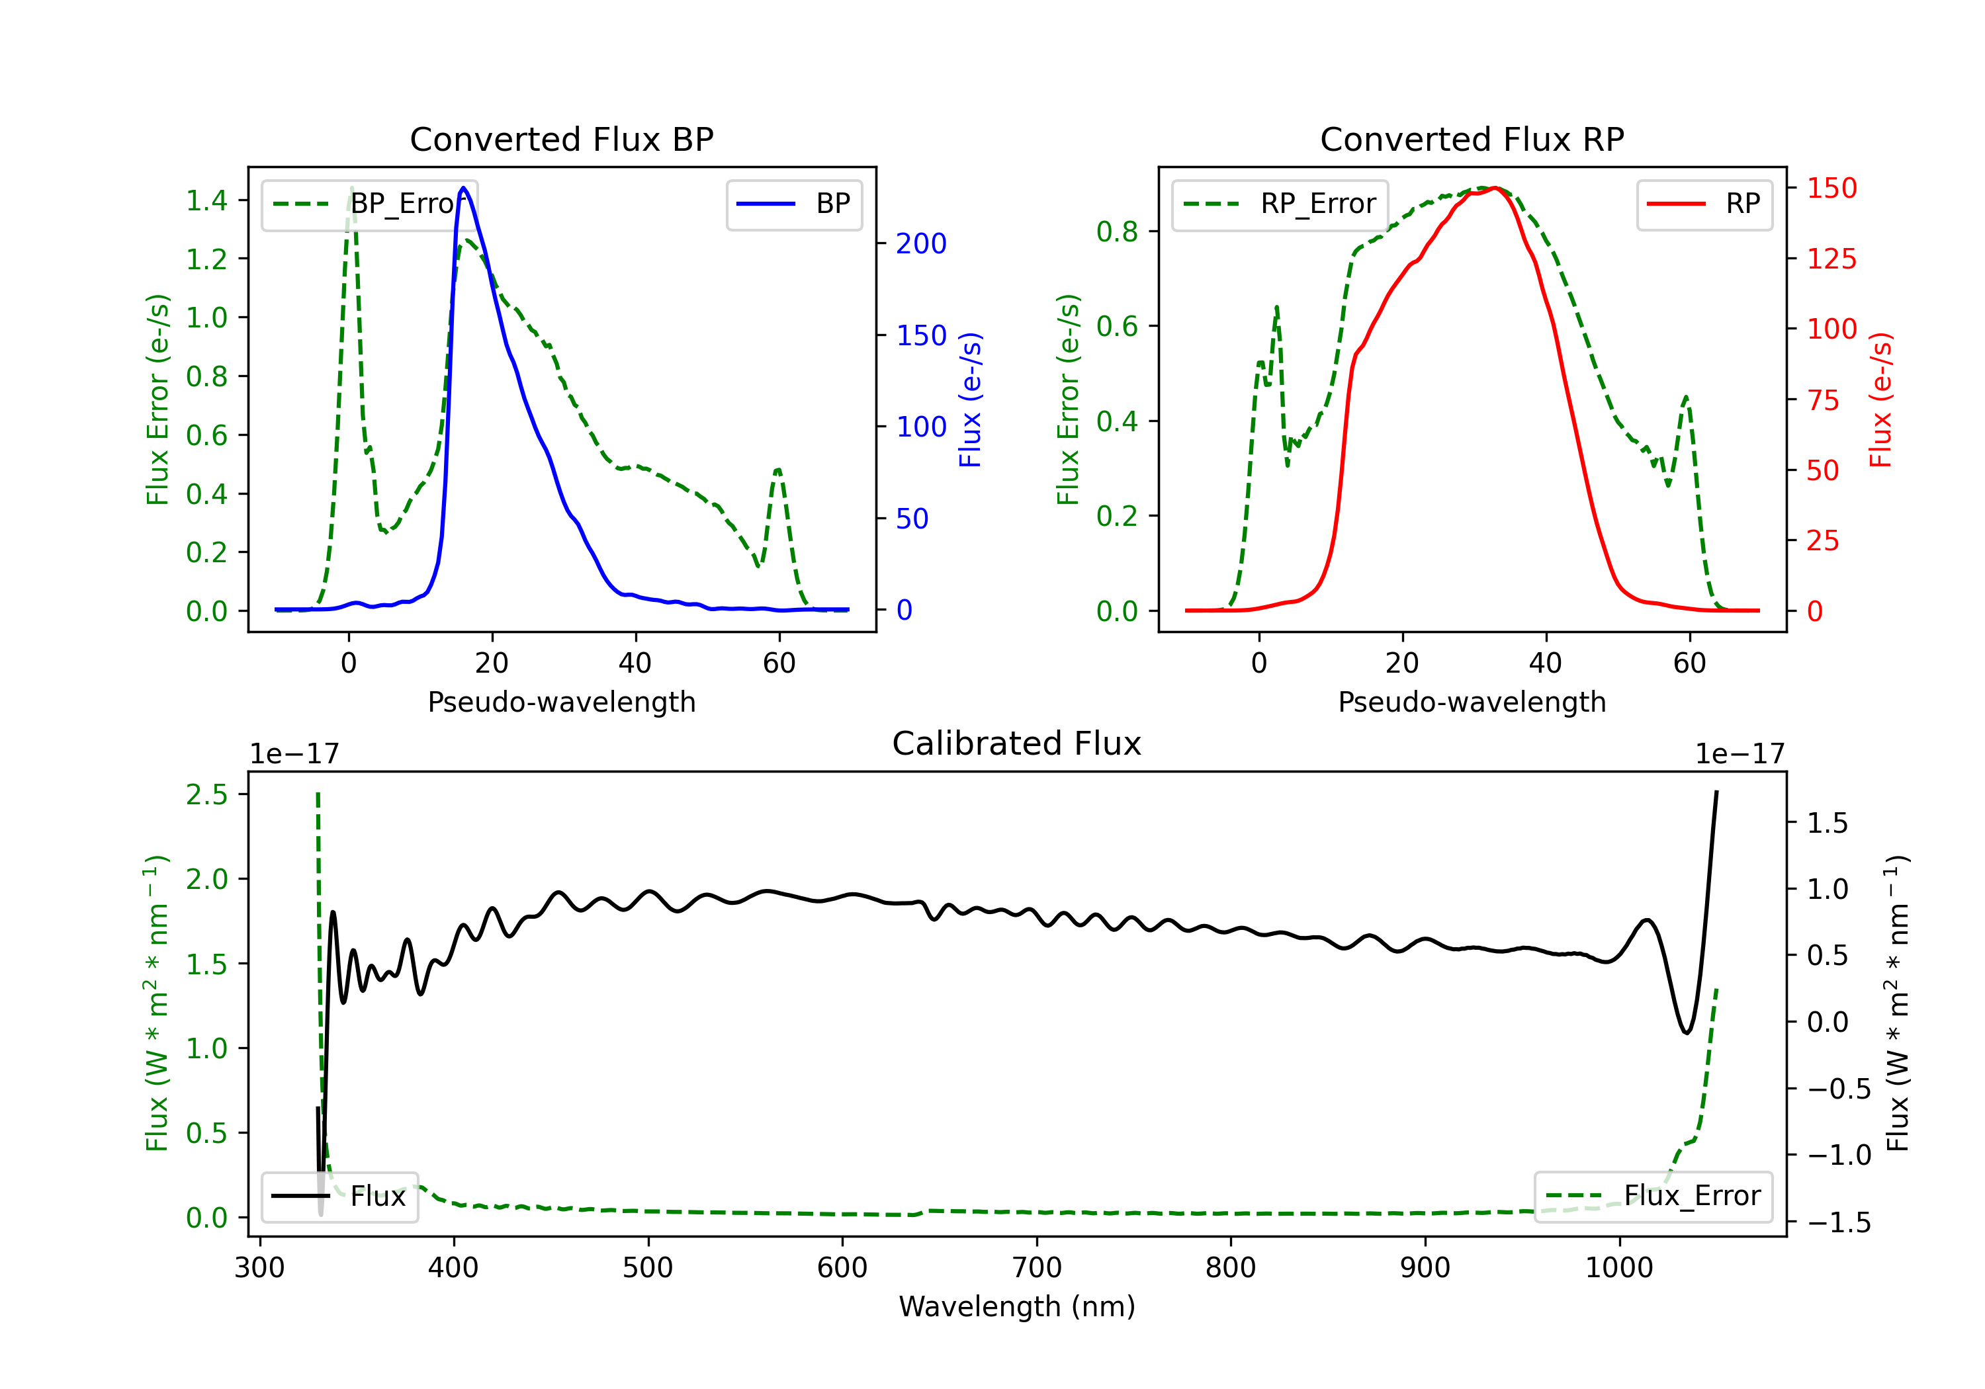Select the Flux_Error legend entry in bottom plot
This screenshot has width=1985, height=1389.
click(1653, 1197)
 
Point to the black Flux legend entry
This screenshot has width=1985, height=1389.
click(340, 1197)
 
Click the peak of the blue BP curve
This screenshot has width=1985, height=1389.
click(463, 188)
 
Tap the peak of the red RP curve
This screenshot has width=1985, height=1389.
click(1495, 188)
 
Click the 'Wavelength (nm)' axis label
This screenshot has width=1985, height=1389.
click(1017, 1307)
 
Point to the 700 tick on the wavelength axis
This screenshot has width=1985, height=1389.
click(1037, 1268)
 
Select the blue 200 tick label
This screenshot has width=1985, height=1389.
click(921, 244)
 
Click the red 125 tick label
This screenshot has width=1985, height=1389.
click(1831, 259)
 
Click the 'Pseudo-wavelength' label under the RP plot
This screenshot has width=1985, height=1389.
click(1472, 702)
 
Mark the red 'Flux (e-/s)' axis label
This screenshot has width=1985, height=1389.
click(1880, 400)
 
